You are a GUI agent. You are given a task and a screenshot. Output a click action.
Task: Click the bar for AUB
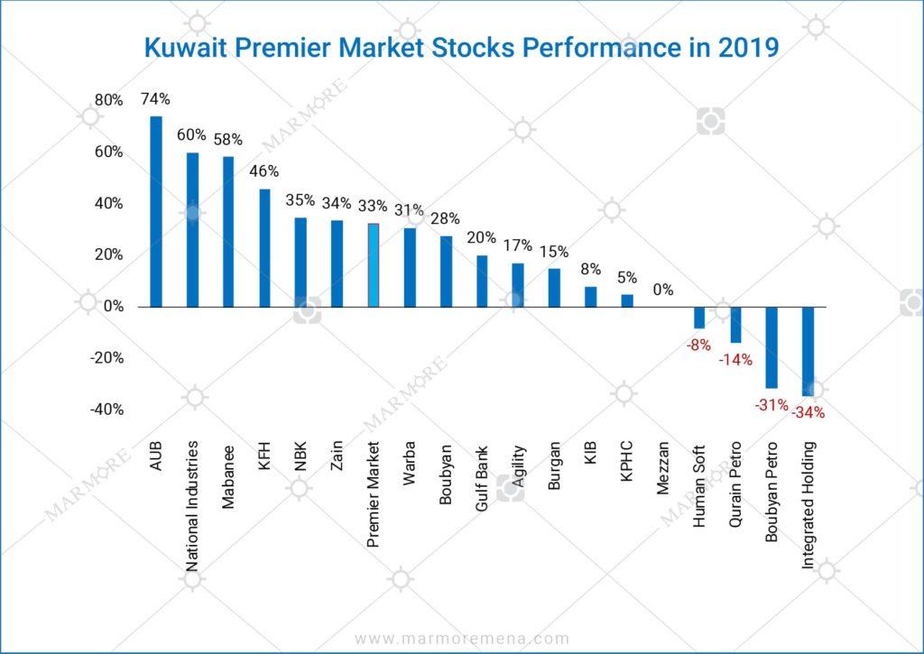point(156,212)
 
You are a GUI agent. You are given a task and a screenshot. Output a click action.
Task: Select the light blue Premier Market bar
point(373,265)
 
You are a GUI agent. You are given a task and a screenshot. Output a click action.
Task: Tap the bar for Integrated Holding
point(808,351)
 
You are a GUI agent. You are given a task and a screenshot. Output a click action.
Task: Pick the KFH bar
point(264,248)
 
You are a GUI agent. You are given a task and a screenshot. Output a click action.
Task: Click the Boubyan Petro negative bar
point(772,347)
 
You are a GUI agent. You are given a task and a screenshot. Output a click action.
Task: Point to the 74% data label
point(156,99)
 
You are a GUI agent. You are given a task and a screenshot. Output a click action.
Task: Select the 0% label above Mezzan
point(663,290)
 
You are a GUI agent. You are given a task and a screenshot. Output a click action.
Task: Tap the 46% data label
point(264,171)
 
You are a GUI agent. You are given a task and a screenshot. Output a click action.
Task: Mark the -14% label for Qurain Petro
point(735,359)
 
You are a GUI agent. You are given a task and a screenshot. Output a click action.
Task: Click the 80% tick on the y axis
point(109,100)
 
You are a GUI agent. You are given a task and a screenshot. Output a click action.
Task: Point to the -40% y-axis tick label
point(106,410)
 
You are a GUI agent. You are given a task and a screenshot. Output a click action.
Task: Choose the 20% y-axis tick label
point(109,255)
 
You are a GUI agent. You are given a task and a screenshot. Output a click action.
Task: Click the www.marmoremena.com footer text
point(462,639)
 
